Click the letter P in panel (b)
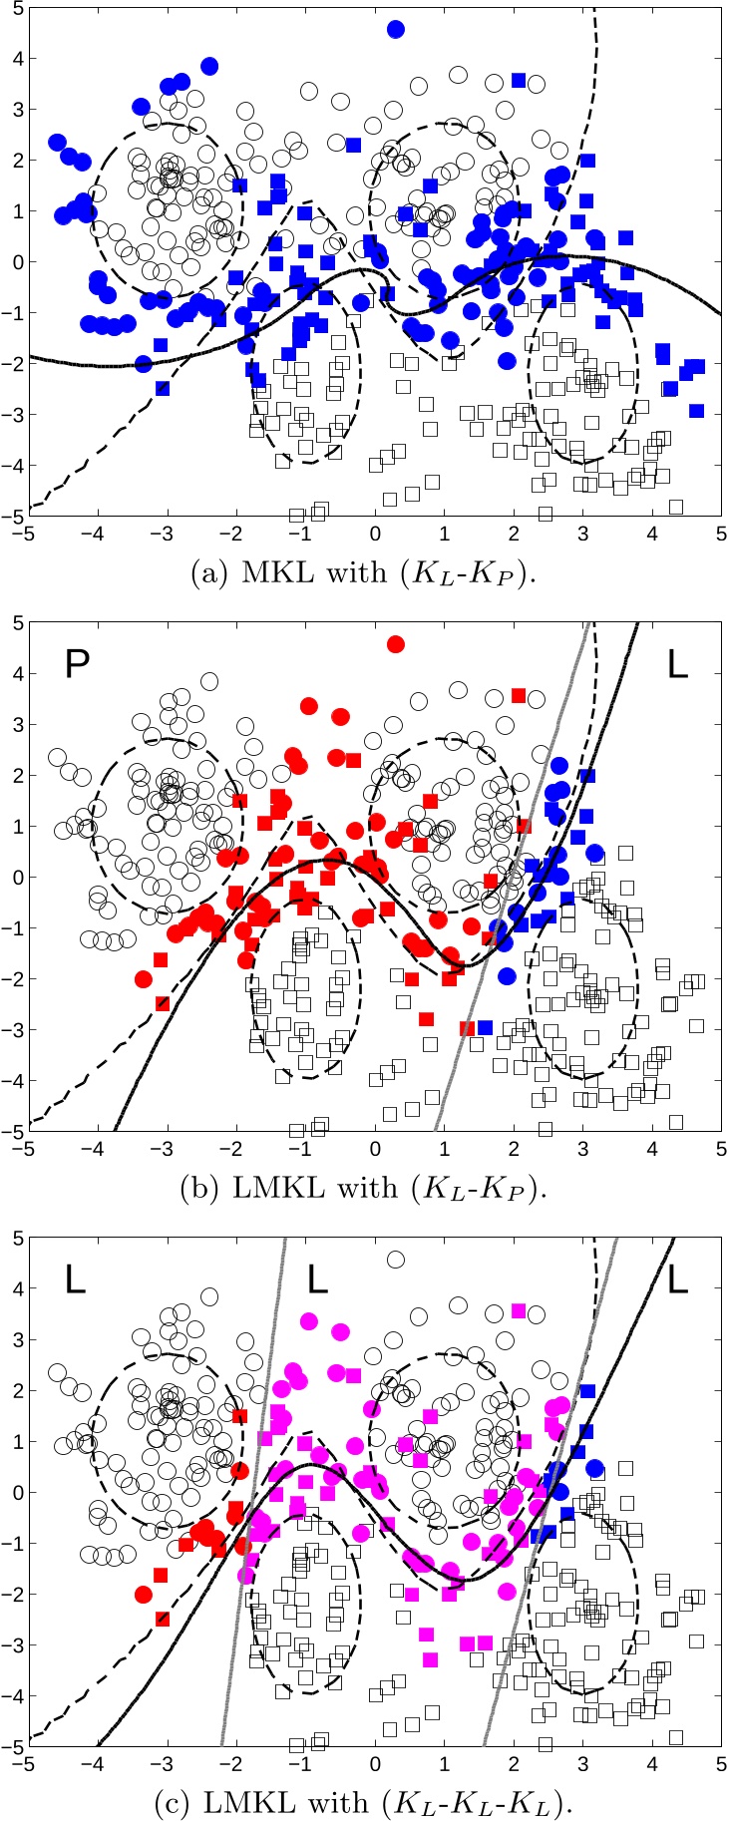click(x=77, y=664)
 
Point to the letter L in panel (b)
click(x=677, y=665)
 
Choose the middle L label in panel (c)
click(x=317, y=1279)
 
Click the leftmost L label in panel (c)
click(x=76, y=1279)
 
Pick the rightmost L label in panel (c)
click(x=677, y=1279)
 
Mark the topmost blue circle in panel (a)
click(x=396, y=29)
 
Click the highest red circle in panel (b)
click(x=396, y=644)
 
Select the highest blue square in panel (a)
click(x=519, y=80)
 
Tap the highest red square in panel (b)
click(x=519, y=695)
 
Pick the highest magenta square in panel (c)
click(x=519, y=1310)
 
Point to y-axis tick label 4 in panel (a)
click(x=16, y=58)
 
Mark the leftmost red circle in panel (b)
click(x=144, y=978)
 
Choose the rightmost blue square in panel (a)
click(x=696, y=411)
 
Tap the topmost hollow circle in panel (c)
click(x=396, y=1260)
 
